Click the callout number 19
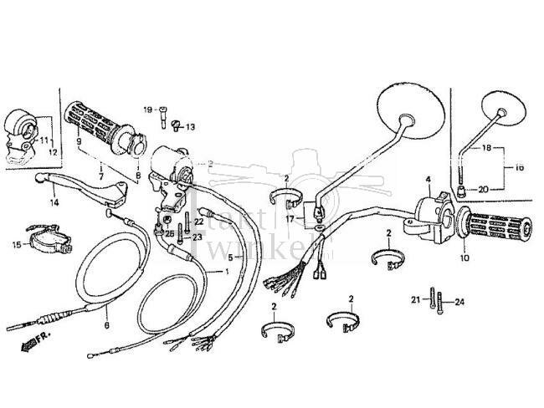tap(146, 110)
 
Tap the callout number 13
tap(189, 127)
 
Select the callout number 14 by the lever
tap(54, 202)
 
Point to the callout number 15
tap(16, 244)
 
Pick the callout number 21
tap(414, 299)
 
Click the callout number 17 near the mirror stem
tap(290, 220)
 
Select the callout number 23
tap(198, 237)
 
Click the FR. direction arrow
tap(35, 340)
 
